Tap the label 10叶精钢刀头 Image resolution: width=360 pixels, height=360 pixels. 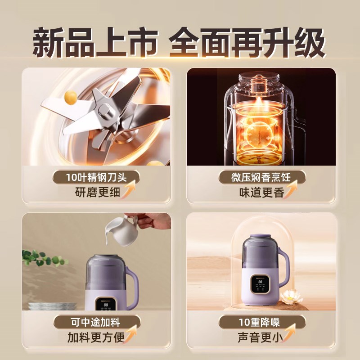click(x=96, y=177)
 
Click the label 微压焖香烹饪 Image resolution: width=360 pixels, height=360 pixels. click(x=261, y=177)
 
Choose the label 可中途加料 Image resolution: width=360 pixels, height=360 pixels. click(x=96, y=322)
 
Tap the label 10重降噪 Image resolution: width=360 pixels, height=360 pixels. click(x=261, y=322)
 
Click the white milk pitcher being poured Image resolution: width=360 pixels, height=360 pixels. click(x=120, y=231)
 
